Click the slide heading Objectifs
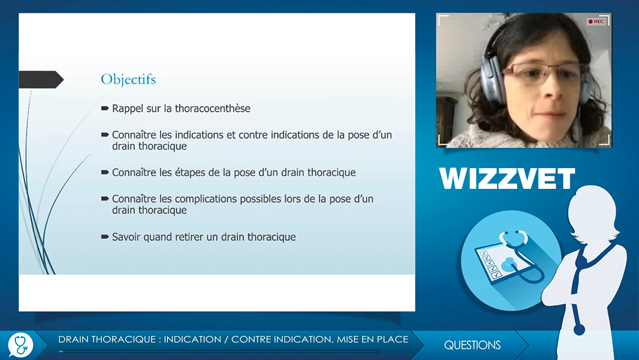click(128, 79)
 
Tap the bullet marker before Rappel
click(105, 108)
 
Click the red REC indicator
click(596, 21)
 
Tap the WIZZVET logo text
click(507, 179)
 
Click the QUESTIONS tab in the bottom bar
click(472, 345)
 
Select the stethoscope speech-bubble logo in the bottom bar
click(20, 345)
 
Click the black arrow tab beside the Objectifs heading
click(41, 79)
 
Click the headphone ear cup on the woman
click(489, 79)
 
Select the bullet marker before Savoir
click(105, 237)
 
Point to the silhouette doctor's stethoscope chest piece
click(579, 329)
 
